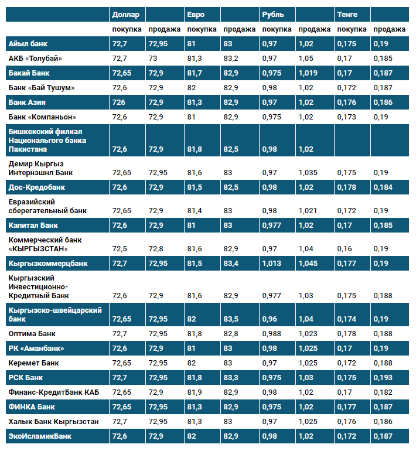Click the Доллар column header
pos(126,15)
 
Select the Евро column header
pos(196,15)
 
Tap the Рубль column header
pos(273,15)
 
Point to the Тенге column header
pos(347,15)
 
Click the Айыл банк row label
pos(28,44)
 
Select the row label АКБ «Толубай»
pos(35,59)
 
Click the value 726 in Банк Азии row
pos(118,102)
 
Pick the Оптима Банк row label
pos(32,334)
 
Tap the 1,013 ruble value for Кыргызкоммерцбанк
pos(272,264)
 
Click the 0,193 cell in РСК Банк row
pos(383,378)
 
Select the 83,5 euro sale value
pos(231,319)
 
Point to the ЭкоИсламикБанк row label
pos(40,436)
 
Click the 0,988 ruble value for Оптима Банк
pos(272,334)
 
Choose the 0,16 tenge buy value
pos(345,249)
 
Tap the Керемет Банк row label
pos(33,363)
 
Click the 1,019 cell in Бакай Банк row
pos(308,73)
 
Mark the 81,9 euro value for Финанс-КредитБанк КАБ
pos(195,392)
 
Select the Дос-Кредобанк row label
pos(37,187)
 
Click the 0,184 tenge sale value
pos(383,187)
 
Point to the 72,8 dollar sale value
pos(156,249)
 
